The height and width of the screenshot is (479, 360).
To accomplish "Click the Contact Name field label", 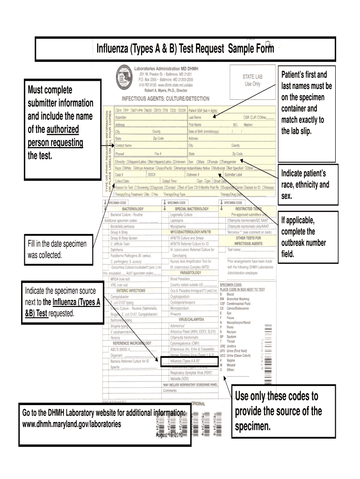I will pyautogui.click(x=124, y=145).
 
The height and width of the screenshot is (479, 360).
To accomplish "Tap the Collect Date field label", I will pyautogui.click(x=122, y=181).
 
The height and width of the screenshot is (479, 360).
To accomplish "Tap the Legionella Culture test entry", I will pyautogui.click(x=181, y=214).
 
